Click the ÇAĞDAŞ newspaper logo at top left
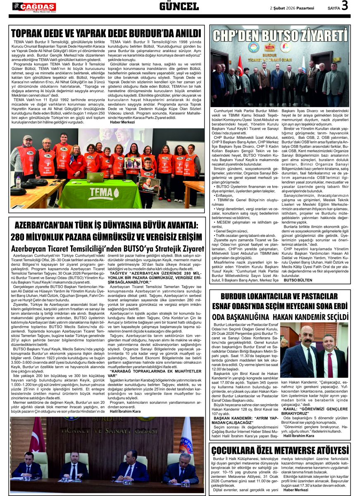(34, 6)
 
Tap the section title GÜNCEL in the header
(179, 6)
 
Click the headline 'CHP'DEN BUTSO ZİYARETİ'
(280, 36)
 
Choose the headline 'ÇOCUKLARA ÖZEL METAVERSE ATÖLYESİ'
(280, 451)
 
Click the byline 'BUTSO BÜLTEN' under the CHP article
(298, 280)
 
